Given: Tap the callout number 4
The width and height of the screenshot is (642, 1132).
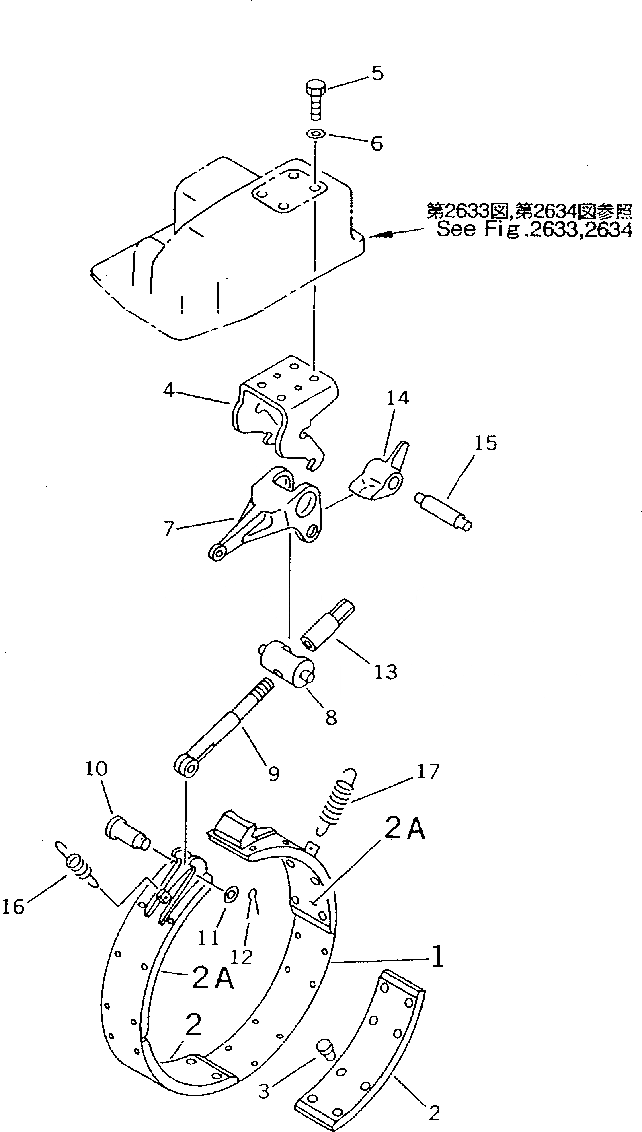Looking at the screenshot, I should (169, 390).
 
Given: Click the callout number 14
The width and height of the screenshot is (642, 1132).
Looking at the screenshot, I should (398, 398).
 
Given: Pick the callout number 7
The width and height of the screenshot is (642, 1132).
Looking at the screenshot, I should (169, 528).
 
